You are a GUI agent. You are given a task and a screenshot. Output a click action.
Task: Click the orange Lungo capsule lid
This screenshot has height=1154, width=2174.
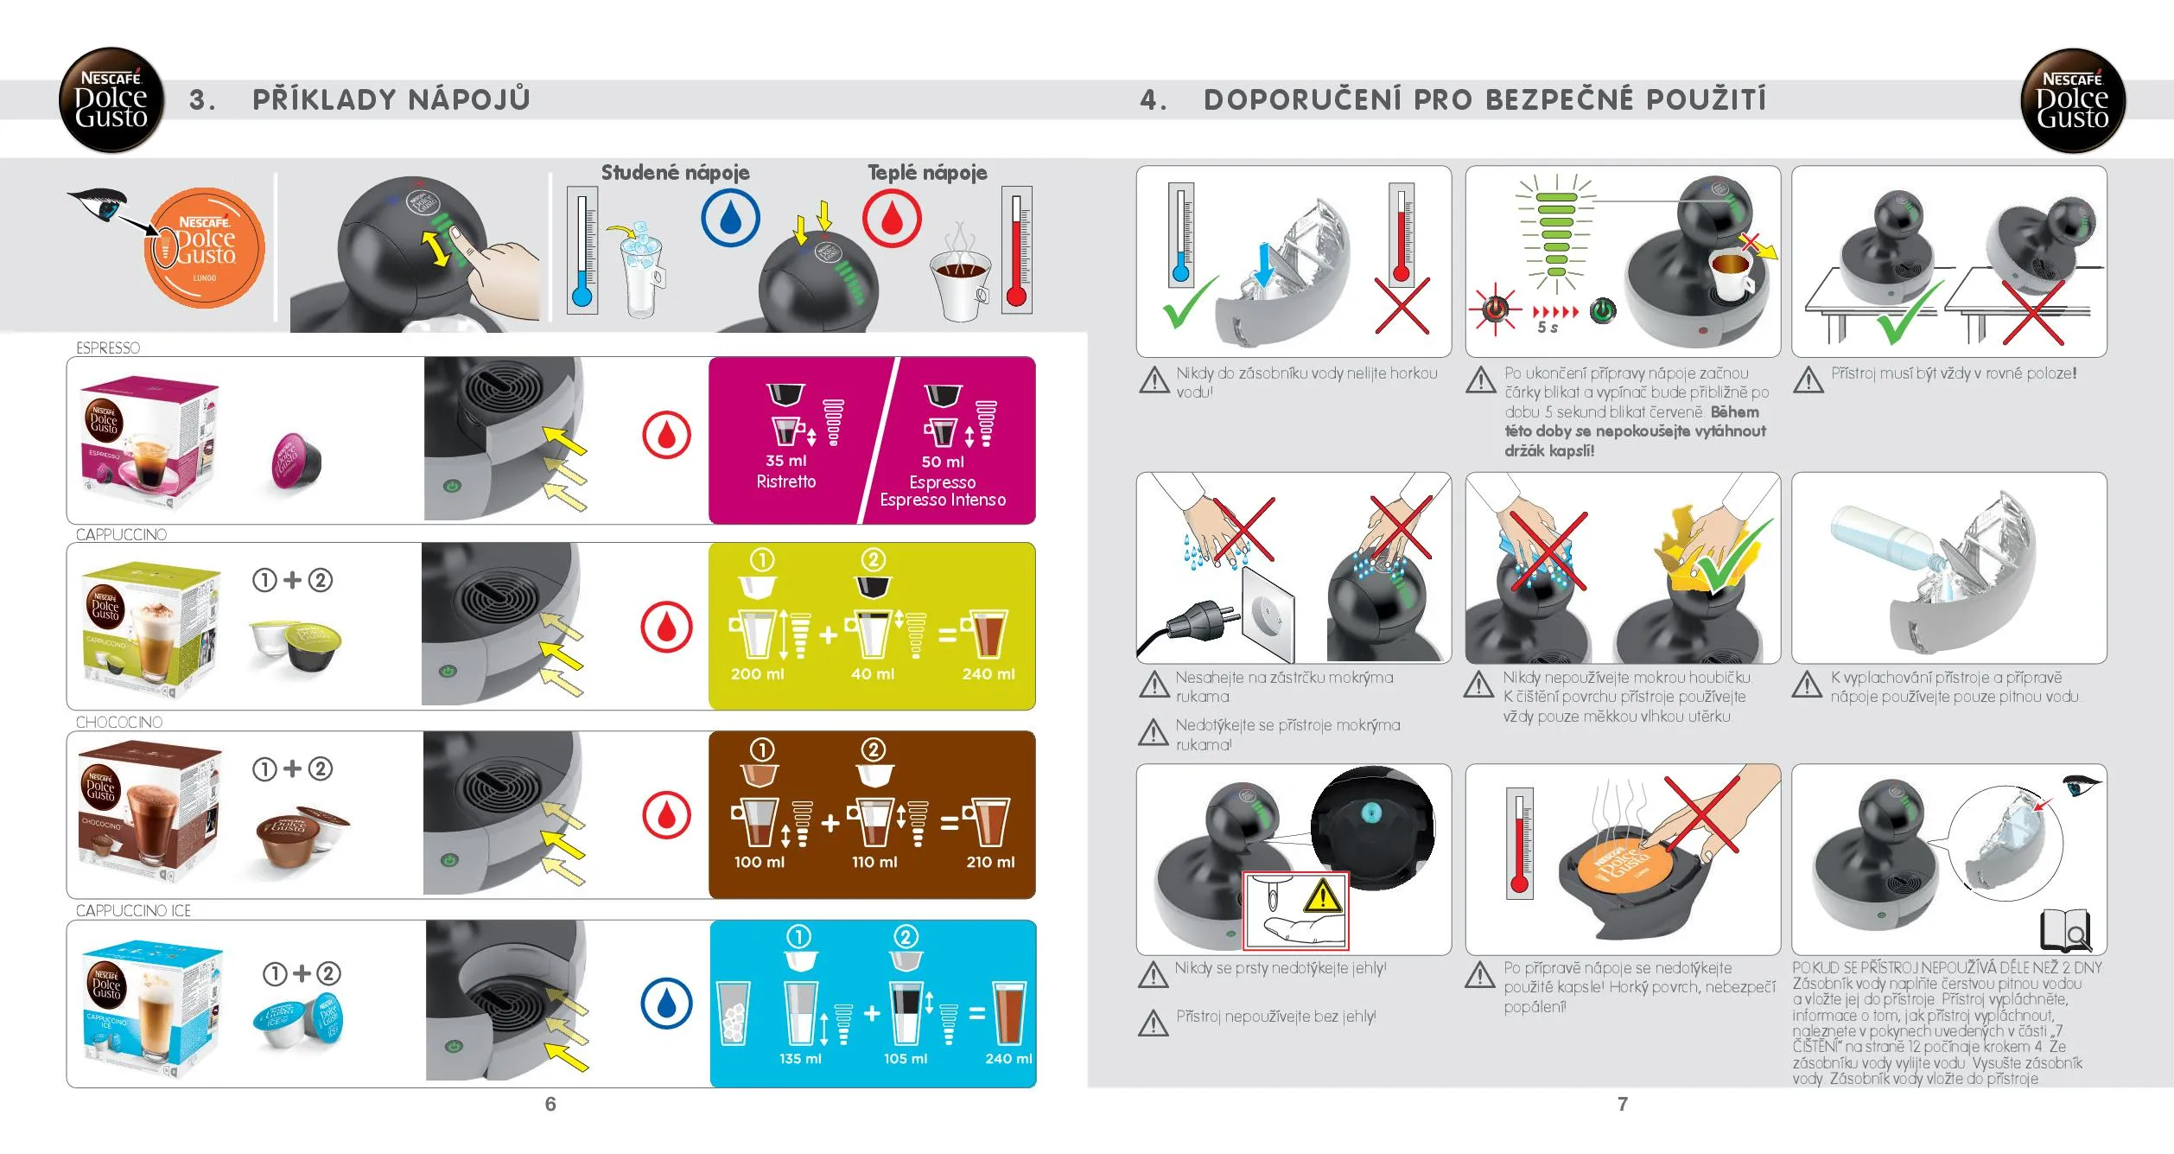(x=205, y=248)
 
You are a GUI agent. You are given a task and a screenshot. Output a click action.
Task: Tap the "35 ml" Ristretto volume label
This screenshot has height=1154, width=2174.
(x=785, y=461)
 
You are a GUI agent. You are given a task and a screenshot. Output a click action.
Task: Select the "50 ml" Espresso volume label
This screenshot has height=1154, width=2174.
(x=943, y=462)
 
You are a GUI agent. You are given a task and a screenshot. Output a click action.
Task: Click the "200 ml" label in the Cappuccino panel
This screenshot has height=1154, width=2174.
(x=758, y=673)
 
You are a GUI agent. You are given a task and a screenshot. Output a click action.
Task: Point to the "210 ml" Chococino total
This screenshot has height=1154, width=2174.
(x=990, y=862)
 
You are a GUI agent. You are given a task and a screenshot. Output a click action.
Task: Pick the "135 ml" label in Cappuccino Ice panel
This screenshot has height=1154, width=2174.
(x=800, y=1058)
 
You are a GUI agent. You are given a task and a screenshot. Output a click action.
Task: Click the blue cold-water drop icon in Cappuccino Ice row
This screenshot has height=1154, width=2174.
(x=666, y=1004)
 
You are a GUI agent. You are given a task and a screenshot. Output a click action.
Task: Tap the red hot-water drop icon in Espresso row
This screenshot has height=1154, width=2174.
(x=666, y=435)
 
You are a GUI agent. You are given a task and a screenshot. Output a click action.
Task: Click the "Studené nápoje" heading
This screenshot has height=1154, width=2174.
(x=675, y=172)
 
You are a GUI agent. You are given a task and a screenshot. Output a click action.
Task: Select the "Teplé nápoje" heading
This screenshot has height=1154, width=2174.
(x=927, y=172)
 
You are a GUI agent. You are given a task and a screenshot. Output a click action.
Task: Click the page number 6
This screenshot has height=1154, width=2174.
(x=550, y=1104)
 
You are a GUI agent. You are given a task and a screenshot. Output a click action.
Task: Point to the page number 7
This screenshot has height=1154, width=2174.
(x=1623, y=1104)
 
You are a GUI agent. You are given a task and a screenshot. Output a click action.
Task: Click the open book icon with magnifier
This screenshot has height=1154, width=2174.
(x=2065, y=931)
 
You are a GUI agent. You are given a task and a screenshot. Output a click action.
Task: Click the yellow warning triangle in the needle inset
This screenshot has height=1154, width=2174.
(x=1321, y=896)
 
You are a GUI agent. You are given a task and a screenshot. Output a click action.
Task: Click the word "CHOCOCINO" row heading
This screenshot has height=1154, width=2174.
(x=119, y=722)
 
